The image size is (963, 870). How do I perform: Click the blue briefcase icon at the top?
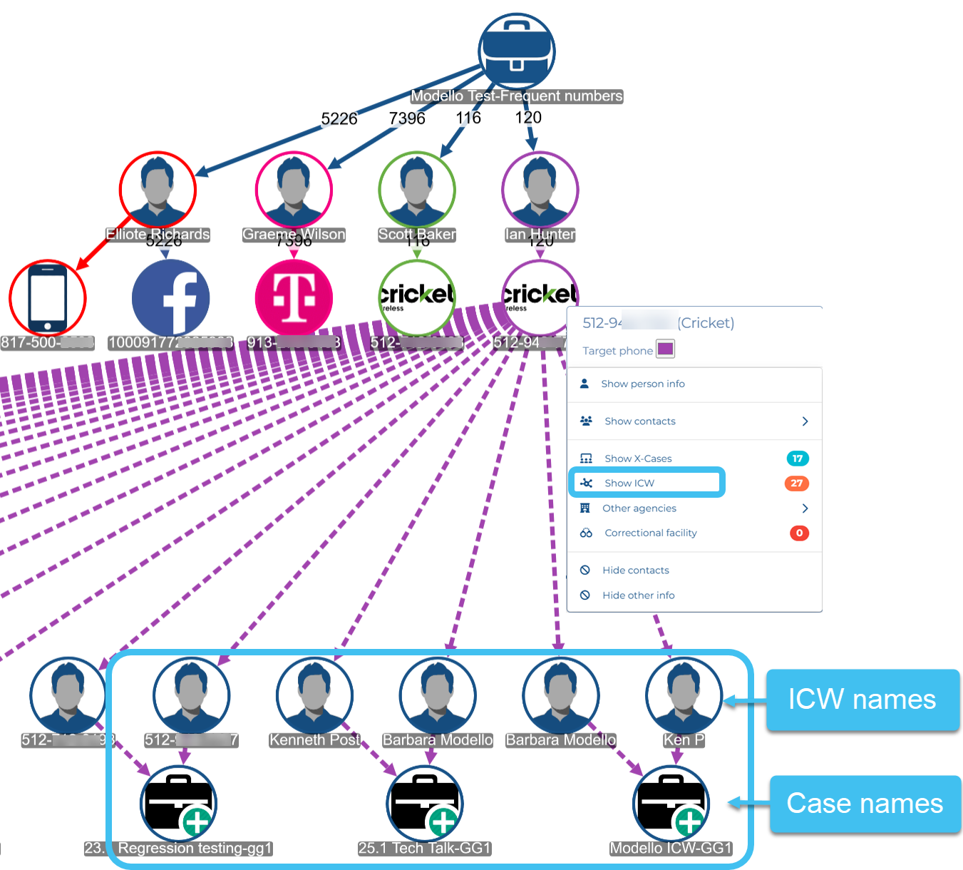coord(517,51)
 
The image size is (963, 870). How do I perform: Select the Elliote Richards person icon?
coord(158,190)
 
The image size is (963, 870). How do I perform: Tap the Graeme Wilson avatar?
coord(294,190)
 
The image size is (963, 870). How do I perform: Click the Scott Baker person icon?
coord(417,190)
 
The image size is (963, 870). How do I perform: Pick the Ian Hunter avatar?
coord(540,190)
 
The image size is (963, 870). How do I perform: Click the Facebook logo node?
coord(171,298)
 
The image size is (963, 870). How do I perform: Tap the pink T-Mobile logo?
coord(294,298)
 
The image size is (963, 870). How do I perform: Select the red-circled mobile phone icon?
coord(48,298)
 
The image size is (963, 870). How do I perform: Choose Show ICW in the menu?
coord(629,483)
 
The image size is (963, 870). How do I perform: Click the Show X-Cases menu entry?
coord(638,459)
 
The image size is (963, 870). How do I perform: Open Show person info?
coord(642,384)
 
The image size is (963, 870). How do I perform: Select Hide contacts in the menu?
coord(635,570)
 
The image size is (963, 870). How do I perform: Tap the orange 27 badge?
coord(797,483)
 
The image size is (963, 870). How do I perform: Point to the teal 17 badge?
coord(798,459)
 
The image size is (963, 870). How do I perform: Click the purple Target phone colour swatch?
coord(665,349)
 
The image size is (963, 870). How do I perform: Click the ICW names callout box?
coord(861,700)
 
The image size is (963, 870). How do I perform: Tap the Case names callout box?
coord(864,804)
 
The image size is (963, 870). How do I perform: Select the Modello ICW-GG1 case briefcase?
coord(671,804)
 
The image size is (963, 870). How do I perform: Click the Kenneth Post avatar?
coord(314,695)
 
